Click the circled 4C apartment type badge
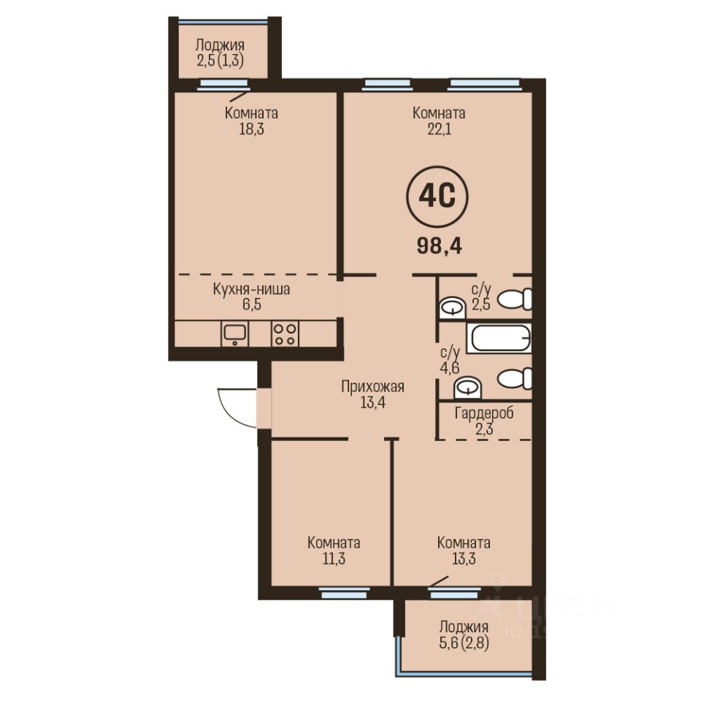[x=437, y=197]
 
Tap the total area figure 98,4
[x=440, y=245]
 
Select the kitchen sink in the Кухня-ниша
[x=235, y=334]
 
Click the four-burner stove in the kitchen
[x=286, y=334]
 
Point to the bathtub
[x=499, y=337]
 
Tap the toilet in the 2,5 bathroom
[x=515, y=299]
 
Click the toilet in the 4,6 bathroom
[x=515, y=378]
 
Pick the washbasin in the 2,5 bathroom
[x=453, y=308]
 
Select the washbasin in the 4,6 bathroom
[x=467, y=388]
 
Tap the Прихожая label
[x=372, y=386]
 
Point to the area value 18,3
[x=252, y=130]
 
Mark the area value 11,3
[x=334, y=559]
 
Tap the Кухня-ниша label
[x=251, y=289]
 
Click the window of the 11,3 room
[x=344, y=594]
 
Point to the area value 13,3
[x=464, y=559]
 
